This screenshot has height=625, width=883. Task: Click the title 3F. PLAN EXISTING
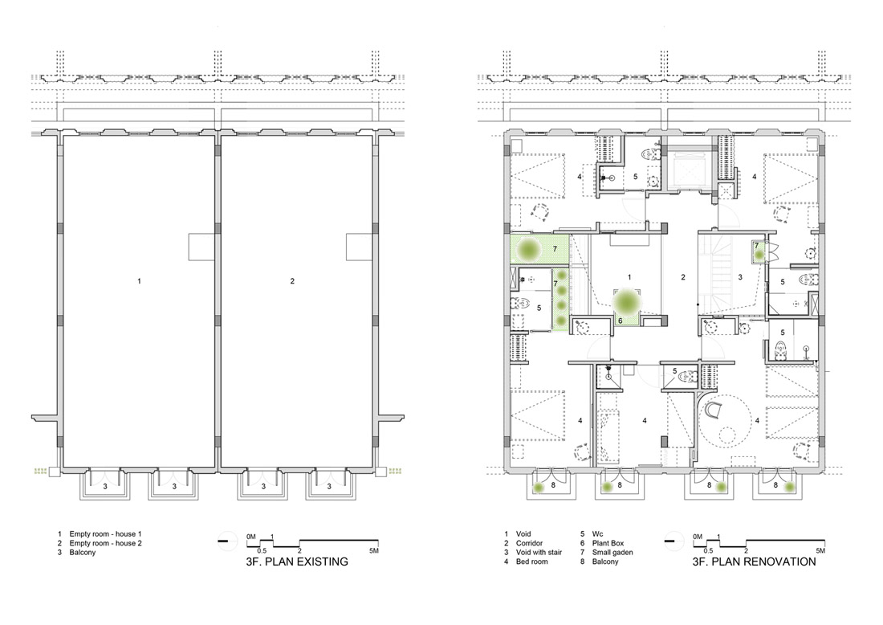(297, 562)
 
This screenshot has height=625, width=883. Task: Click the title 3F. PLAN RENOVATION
(754, 562)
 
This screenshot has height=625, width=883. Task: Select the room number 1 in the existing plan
(139, 280)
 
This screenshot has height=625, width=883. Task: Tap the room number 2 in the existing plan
(292, 280)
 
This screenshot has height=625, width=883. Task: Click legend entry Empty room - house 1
(105, 533)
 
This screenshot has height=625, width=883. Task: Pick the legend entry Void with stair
(539, 553)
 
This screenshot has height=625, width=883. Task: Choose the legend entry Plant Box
(608, 543)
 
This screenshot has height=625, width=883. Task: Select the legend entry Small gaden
(612, 553)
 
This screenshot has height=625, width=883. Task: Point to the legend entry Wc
(597, 533)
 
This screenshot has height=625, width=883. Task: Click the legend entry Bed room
(531, 562)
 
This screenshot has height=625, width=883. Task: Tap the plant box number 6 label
(620, 321)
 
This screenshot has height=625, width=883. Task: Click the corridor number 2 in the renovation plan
(683, 276)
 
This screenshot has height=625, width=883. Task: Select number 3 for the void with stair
(740, 276)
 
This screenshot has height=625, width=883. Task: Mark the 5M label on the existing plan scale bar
(374, 550)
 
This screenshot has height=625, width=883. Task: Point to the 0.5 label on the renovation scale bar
(709, 550)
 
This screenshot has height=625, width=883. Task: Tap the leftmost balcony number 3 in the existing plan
(104, 486)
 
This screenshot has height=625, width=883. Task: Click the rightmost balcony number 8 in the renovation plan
(775, 484)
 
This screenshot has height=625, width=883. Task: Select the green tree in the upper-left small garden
(529, 249)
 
